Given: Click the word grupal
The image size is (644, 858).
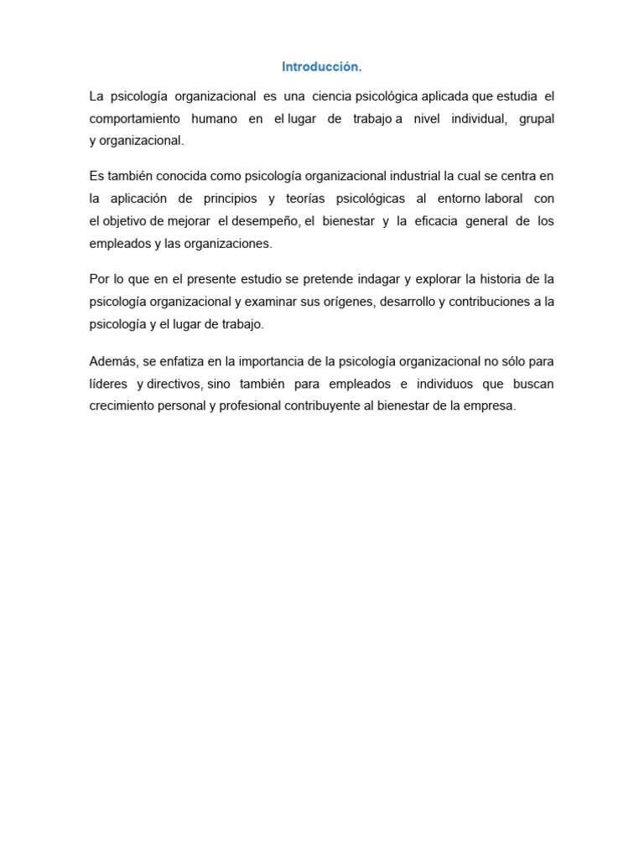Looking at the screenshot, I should point(537,119).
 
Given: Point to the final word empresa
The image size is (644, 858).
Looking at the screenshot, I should point(488,406).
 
